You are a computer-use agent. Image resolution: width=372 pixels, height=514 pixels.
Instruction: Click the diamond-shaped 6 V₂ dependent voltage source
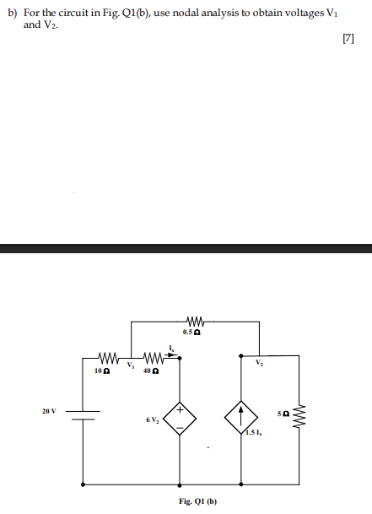pyautogui.click(x=179, y=418)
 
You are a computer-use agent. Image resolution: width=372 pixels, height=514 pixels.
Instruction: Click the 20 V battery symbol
pyautogui.click(x=83, y=414)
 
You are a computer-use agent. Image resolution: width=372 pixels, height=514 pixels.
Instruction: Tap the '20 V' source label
pyautogui.click(x=50, y=411)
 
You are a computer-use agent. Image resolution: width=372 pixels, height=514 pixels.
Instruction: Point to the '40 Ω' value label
pyautogui.click(x=148, y=370)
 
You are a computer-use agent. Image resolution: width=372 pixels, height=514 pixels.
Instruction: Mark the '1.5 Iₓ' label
pyautogui.click(x=253, y=434)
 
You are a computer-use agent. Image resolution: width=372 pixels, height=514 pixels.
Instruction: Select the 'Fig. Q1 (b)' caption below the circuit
pyautogui.click(x=198, y=501)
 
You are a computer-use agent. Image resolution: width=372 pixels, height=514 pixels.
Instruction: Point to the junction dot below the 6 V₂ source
pyautogui.click(x=179, y=484)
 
